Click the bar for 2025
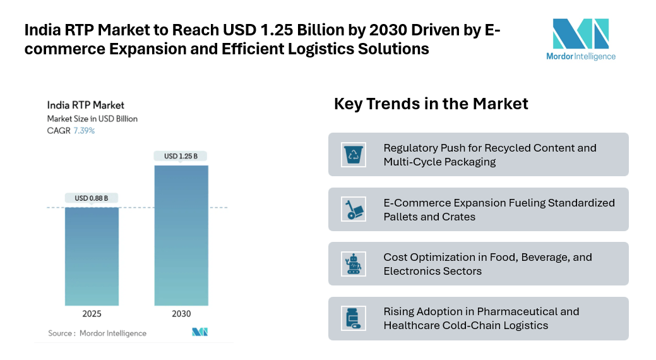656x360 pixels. (x=92, y=256)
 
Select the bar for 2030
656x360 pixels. (x=181, y=236)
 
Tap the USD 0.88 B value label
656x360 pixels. (x=92, y=198)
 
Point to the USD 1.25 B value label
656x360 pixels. (x=181, y=156)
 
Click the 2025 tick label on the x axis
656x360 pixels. (x=92, y=314)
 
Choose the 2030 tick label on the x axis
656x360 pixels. (x=181, y=314)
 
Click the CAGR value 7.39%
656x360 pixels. (x=84, y=131)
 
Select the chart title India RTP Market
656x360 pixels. (x=86, y=105)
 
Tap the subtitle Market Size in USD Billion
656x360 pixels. (x=92, y=119)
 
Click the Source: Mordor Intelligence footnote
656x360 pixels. (x=97, y=333)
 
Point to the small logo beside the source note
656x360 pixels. (x=200, y=332)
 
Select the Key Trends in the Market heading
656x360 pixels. (x=431, y=104)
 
